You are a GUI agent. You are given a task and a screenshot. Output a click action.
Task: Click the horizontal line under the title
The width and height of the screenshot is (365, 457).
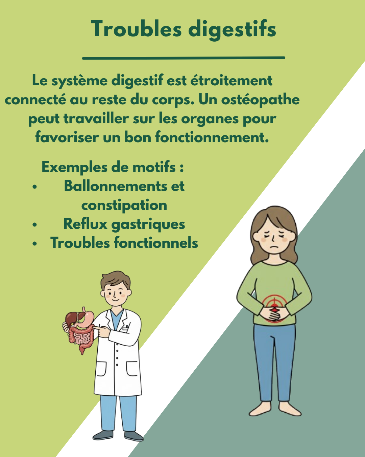(184, 58)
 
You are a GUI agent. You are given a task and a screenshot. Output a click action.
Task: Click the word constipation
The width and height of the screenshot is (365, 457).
(124, 205)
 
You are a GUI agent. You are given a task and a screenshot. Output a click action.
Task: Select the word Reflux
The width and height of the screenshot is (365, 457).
(85, 224)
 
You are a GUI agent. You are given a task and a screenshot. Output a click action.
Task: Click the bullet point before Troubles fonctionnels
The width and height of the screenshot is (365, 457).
(34, 243)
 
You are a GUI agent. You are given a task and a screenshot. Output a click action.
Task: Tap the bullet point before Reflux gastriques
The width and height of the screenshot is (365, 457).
(34, 224)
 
